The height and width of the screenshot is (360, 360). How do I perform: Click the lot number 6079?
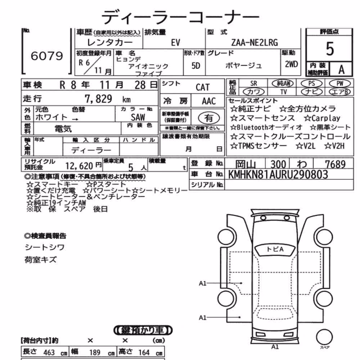click(47, 56)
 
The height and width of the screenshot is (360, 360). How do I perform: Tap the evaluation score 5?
click(330, 49)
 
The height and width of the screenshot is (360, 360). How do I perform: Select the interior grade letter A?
click(341, 69)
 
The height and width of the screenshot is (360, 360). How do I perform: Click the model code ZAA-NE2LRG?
click(255, 42)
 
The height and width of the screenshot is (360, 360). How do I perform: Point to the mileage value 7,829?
click(99, 99)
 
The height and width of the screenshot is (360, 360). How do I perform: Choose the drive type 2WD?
click(291, 64)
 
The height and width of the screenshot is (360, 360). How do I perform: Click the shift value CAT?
click(202, 87)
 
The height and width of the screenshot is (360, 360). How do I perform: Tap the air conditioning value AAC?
click(209, 101)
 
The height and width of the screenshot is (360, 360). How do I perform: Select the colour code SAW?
click(138, 117)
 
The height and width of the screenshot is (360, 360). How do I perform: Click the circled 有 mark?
click(209, 118)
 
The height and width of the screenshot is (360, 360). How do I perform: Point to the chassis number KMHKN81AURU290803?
click(278, 175)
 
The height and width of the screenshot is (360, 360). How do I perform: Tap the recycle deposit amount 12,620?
click(79, 166)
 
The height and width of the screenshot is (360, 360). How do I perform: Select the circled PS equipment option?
click(311, 84)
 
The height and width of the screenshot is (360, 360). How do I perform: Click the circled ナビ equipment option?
click(311, 92)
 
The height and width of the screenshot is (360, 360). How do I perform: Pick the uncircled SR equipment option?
click(254, 84)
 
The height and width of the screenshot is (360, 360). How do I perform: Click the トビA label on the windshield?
click(275, 249)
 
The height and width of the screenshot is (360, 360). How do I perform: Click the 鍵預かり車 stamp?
click(143, 330)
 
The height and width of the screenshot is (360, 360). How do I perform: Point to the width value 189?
click(95, 352)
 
